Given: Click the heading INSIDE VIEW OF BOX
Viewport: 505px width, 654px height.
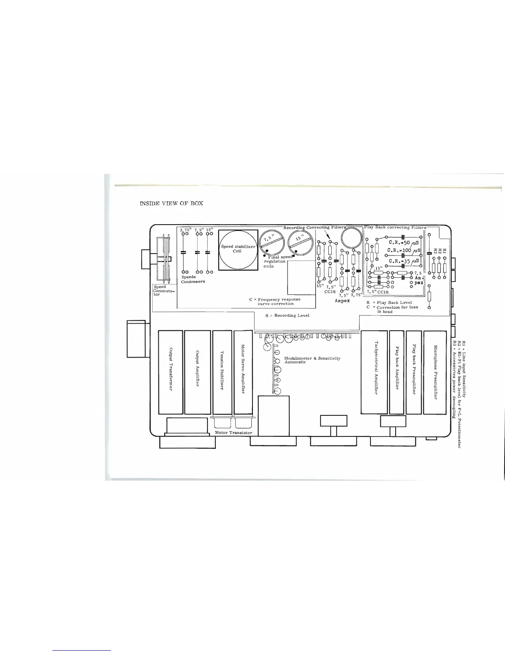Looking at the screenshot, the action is [x=172, y=204].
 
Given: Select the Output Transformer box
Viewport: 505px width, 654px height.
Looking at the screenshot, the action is [x=170, y=372].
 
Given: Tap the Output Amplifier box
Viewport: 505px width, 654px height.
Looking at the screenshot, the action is [x=197, y=372].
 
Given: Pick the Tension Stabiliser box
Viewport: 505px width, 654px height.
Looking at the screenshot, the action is [x=222, y=372].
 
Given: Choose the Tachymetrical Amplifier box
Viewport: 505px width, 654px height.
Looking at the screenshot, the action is [x=375, y=372].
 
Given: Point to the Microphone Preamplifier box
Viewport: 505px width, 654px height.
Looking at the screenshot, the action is [x=435, y=372].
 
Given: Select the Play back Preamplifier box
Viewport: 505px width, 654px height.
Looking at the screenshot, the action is [x=414, y=372].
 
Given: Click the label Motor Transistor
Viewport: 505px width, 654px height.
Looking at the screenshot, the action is [x=234, y=433].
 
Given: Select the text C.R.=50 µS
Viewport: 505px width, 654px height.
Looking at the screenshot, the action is [x=404, y=243].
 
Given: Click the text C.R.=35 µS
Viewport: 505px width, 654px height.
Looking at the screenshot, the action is [x=404, y=261].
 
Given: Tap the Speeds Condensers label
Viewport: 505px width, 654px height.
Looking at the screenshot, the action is [x=193, y=279].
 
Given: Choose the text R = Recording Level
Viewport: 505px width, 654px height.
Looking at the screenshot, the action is [x=287, y=315].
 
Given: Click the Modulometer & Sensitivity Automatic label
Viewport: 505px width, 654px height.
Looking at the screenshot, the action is [x=312, y=360].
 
